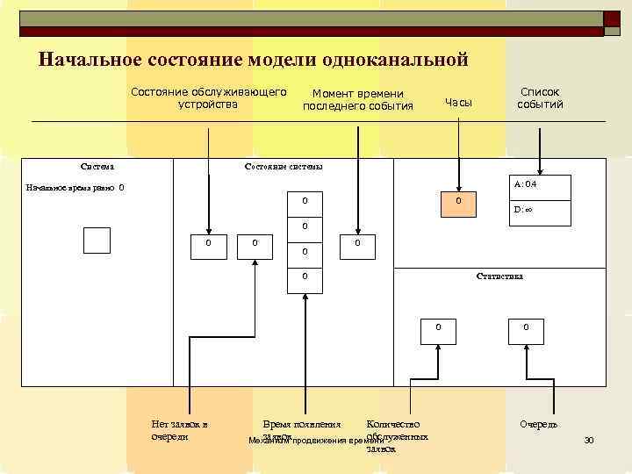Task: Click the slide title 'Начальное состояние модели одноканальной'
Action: (x=255, y=60)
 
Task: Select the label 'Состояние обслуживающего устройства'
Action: (x=208, y=97)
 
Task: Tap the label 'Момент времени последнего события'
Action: (x=357, y=100)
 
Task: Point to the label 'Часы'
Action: (x=458, y=103)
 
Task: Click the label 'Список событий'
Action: (x=540, y=97)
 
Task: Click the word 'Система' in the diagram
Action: (x=96, y=166)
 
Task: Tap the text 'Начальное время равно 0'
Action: (x=75, y=188)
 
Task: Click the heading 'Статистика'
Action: (x=499, y=276)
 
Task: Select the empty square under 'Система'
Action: (x=97, y=240)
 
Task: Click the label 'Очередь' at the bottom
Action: (x=538, y=425)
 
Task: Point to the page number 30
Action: (x=589, y=440)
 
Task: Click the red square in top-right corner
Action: (x=612, y=20)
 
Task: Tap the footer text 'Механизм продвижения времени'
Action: (x=316, y=441)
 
